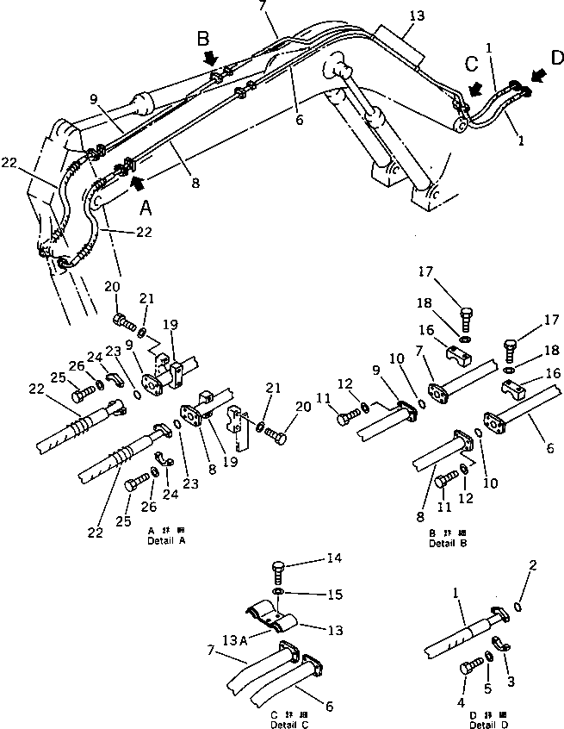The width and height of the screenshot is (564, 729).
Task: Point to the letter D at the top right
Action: pos(557,58)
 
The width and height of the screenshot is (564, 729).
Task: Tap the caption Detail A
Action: pos(166,540)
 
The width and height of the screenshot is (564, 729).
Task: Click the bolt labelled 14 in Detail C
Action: pos(279,570)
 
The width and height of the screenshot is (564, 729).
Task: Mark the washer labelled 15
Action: pos(279,594)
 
